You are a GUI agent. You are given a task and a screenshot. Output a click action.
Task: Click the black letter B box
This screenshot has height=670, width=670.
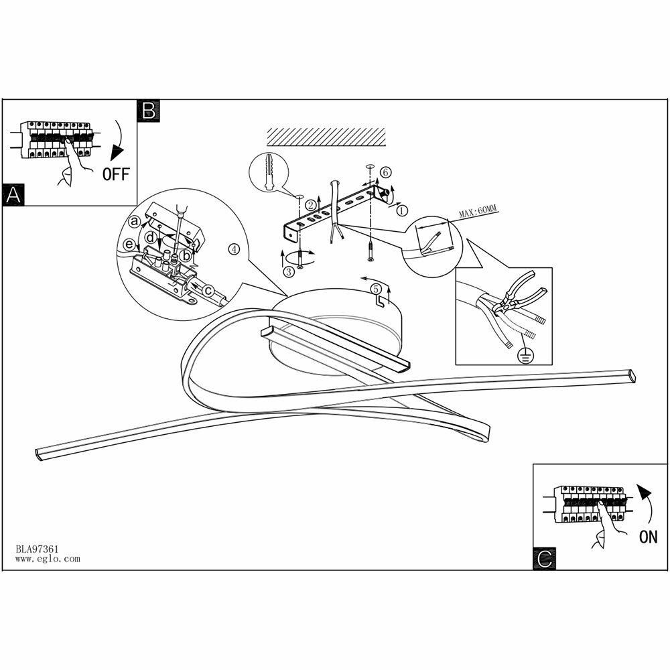[x=148, y=111]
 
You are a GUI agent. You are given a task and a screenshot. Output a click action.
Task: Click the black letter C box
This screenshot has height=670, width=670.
[x=545, y=558]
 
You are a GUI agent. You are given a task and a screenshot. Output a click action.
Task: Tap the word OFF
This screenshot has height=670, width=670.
[x=115, y=175]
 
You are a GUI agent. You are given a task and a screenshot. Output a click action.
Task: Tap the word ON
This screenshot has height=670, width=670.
[x=648, y=536]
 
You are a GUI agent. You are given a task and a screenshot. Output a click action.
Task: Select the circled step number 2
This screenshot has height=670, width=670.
[x=311, y=204]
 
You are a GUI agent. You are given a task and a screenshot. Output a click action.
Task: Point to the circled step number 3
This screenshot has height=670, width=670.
[x=289, y=271]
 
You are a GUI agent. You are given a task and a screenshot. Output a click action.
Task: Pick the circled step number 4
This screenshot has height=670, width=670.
[x=234, y=249]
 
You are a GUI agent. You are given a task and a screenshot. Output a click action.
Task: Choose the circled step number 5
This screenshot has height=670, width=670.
[x=377, y=288]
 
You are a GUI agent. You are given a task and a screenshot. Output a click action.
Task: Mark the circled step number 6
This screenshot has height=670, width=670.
[x=385, y=172]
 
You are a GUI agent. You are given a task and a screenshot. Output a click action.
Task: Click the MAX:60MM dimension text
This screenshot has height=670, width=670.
[x=478, y=212]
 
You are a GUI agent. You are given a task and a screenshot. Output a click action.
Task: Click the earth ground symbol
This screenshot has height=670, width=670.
[x=524, y=356]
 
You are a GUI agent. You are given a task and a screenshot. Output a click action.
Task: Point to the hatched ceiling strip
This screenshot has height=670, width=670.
[x=327, y=137]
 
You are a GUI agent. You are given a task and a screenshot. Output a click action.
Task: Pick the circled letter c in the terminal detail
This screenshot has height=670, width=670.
[x=208, y=289]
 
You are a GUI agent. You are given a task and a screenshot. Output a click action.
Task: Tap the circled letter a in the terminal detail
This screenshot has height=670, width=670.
[x=135, y=220]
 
